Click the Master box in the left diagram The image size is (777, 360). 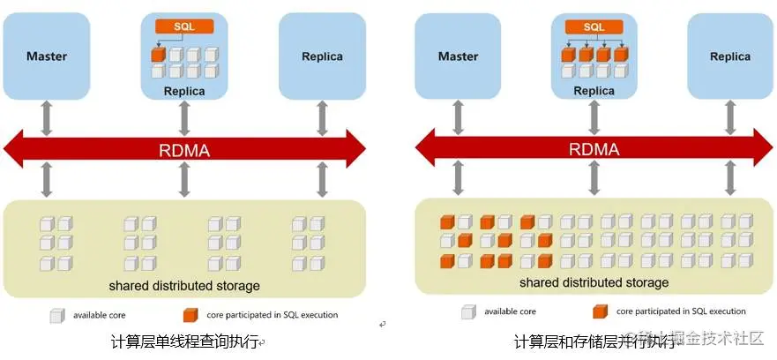pos(47,56)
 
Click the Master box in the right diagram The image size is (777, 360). pos(459,56)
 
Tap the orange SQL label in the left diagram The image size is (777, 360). pos(184,27)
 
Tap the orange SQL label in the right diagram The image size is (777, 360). pos(594,27)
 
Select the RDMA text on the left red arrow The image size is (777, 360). pos(184,149)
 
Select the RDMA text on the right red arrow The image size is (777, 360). pos(594,149)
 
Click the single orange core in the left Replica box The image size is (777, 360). pos(158,55)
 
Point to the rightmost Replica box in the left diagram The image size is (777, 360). pos(322,56)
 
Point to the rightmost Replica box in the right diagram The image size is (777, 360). pos(730,56)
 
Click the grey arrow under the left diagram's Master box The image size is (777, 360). pos(47,115)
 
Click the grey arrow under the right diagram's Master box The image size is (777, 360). pos(459,115)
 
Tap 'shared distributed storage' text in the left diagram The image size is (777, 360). pos(184,286)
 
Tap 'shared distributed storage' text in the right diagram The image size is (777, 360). pos(594,282)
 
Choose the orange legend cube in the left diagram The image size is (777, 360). pos(189,315)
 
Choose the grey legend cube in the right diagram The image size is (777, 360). pos(467,311)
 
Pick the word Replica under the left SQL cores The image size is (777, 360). pos(184,91)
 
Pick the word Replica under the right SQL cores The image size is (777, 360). pos(594,91)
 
